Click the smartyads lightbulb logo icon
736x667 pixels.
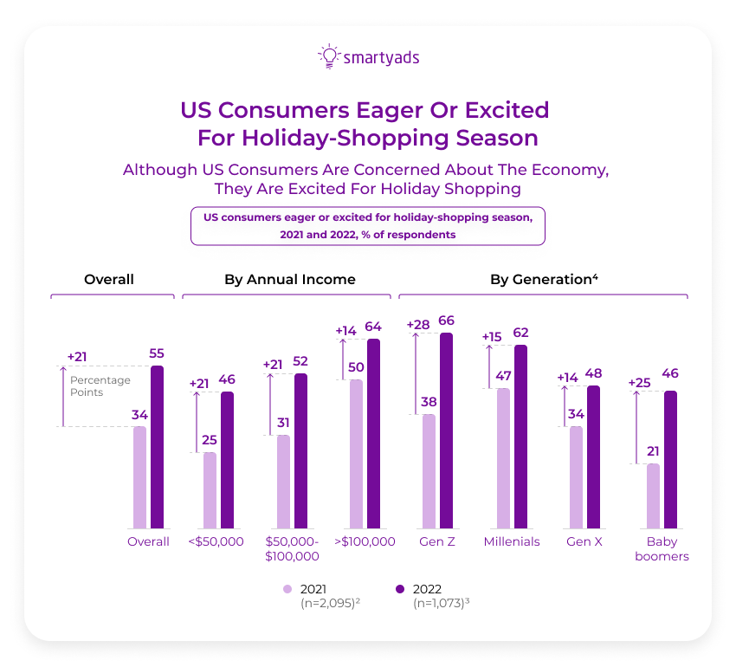click(x=328, y=56)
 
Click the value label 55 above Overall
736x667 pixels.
click(x=157, y=353)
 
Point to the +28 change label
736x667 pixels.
click(x=418, y=324)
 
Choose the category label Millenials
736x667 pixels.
click(x=512, y=541)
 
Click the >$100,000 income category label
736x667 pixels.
click(x=364, y=541)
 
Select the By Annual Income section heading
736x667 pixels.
click(x=289, y=280)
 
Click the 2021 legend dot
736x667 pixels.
click(x=287, y=589)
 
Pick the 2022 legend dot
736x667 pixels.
click(x=399, y=589)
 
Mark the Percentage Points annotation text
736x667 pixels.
click(x=100, y=386)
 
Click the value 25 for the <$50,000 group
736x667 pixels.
click(x=210, y=440)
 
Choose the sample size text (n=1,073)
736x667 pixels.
click(x=444, y=603)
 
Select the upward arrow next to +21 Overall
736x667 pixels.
click(x=61, y=395)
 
